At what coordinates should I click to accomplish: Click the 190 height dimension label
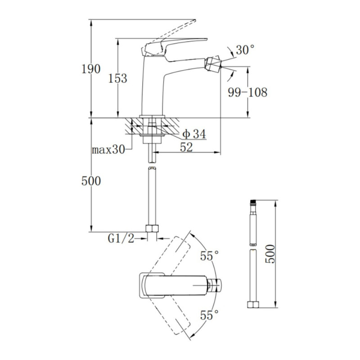[91, 69]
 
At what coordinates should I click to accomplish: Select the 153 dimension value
[117, 78]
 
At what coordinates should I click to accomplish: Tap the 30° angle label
[245, 50]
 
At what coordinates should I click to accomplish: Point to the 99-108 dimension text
[247, 92]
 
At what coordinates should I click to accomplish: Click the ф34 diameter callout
[194, 134]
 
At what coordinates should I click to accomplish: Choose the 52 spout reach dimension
[186, 147]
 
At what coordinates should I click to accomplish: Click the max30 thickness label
[108, 150]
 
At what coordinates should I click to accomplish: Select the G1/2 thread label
[121, 239]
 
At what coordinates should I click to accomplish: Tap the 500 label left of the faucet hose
[91, 181]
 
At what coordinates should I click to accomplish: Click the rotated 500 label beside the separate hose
[270, 254]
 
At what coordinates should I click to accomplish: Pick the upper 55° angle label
[209, 256]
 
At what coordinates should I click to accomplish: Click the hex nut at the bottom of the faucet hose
[152, 229]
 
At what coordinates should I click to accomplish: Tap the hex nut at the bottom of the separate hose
[253, 305]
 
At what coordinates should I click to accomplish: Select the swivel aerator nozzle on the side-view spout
[213, 63]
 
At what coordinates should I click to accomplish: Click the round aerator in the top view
[216, 285]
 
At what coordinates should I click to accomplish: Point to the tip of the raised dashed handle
[195, 20]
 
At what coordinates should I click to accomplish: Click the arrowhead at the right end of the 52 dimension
[217, 152]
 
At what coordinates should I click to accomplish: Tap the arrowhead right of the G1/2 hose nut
[160, 239]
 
